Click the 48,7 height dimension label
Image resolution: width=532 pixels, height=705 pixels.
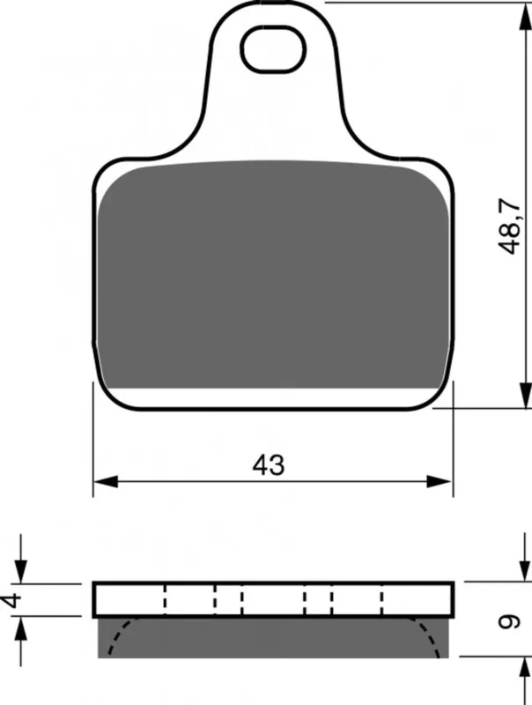[x=509, y=226]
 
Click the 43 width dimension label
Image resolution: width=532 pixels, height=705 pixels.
[x=269, y=465]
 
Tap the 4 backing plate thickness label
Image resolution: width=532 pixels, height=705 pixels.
[x=12, y=600]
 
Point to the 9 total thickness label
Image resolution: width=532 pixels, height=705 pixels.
[x=510, y=621]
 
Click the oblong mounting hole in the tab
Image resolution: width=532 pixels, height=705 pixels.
[x=273, y=48]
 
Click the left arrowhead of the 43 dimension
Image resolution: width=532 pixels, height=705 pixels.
[x=106, y=481]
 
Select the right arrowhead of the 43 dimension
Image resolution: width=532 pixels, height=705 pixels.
[x=439, y=481]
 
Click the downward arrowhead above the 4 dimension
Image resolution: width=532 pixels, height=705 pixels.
[x=20, y=571]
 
